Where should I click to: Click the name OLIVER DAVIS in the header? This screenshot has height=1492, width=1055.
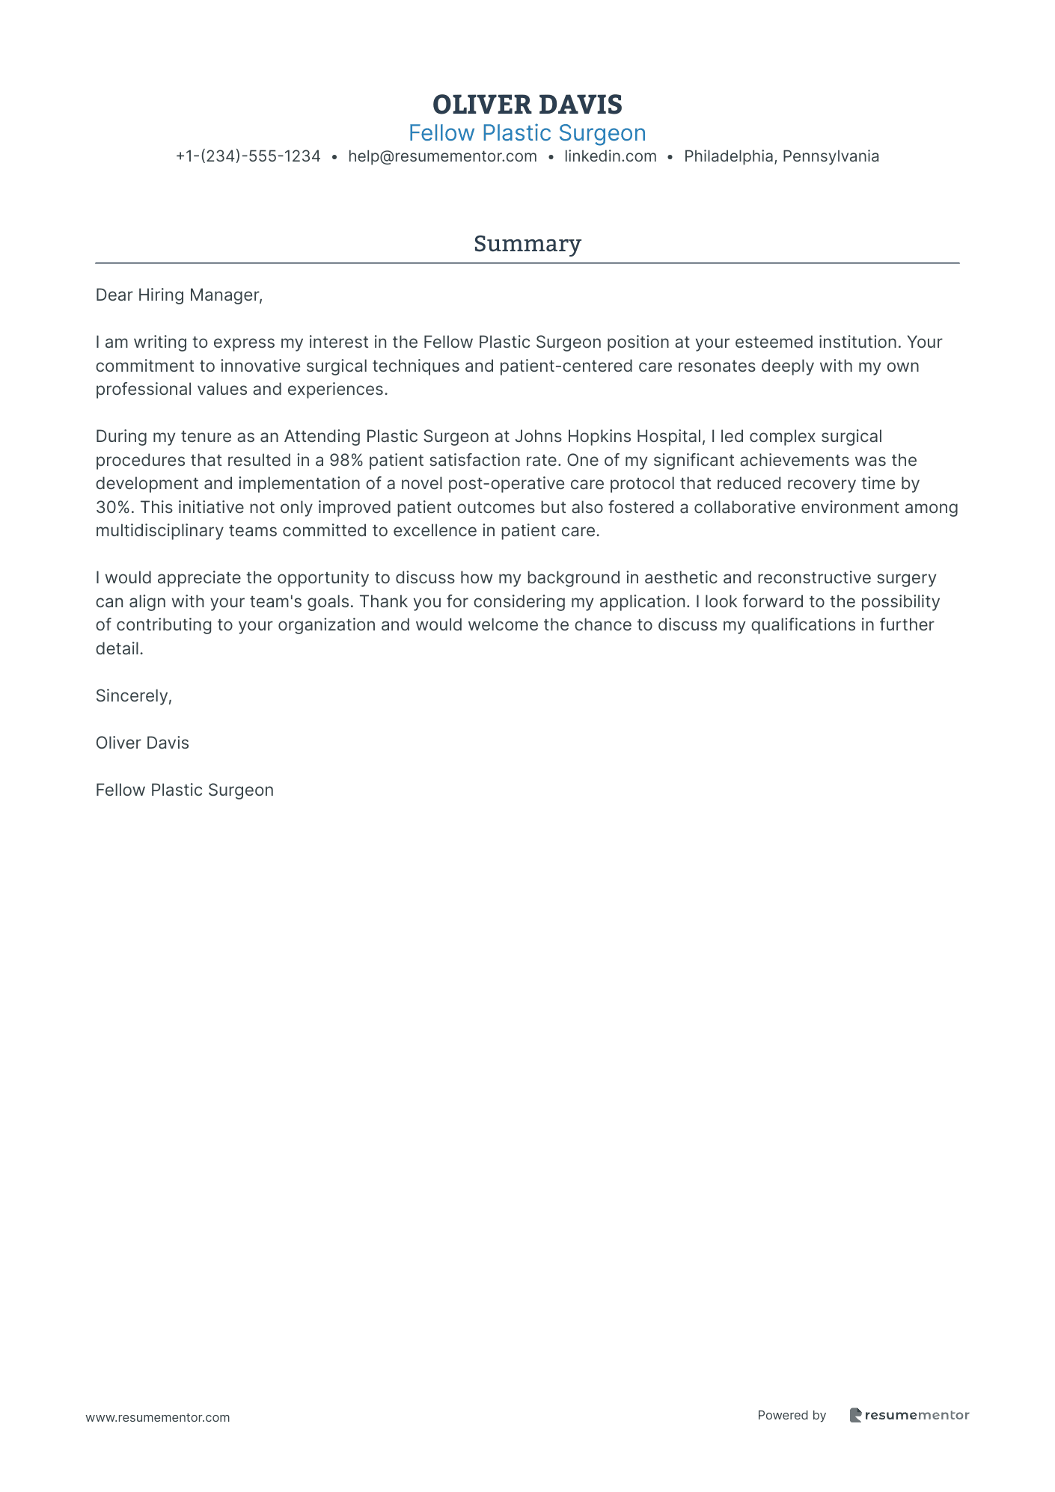coord(527,105)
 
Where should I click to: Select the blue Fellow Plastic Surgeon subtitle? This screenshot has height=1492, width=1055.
coord(527,133)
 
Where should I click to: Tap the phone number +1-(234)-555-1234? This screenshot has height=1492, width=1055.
coord(248,156)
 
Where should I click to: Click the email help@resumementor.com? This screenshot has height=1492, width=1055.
coord(442,156)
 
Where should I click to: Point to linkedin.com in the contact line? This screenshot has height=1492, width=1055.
coord(610,156)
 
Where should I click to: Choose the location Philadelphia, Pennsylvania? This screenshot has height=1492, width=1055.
coord(781,156)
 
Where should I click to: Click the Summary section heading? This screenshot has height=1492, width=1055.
coord(527,244)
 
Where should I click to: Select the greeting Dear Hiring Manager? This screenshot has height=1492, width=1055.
coord(179,295)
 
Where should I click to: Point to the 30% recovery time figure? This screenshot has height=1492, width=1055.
coord(114,507)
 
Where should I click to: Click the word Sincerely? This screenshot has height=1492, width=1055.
coord(133,696)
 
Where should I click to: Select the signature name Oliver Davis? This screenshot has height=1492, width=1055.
coord(142,743)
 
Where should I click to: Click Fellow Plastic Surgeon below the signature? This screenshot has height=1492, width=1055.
coord(184,790)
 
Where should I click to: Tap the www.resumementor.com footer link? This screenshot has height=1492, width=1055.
coord(157,1417)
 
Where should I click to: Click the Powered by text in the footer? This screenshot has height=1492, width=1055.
coord(791,1415)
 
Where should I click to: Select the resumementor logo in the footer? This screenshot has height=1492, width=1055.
coord(909,1415)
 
